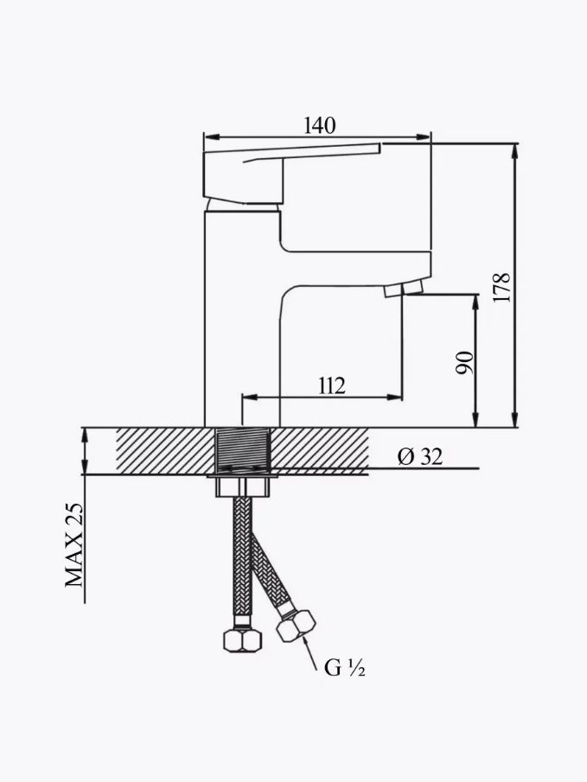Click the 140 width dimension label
[320, 125]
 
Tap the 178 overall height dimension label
[502, 287]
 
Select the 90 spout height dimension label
[465, 363]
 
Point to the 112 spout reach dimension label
[332, 385]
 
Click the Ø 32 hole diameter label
[420, 456]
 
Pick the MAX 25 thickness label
[73, 544]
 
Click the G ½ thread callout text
[344, 667]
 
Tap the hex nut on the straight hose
[243, 640]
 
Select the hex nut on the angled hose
[296, 626]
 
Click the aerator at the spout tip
[404, 289]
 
